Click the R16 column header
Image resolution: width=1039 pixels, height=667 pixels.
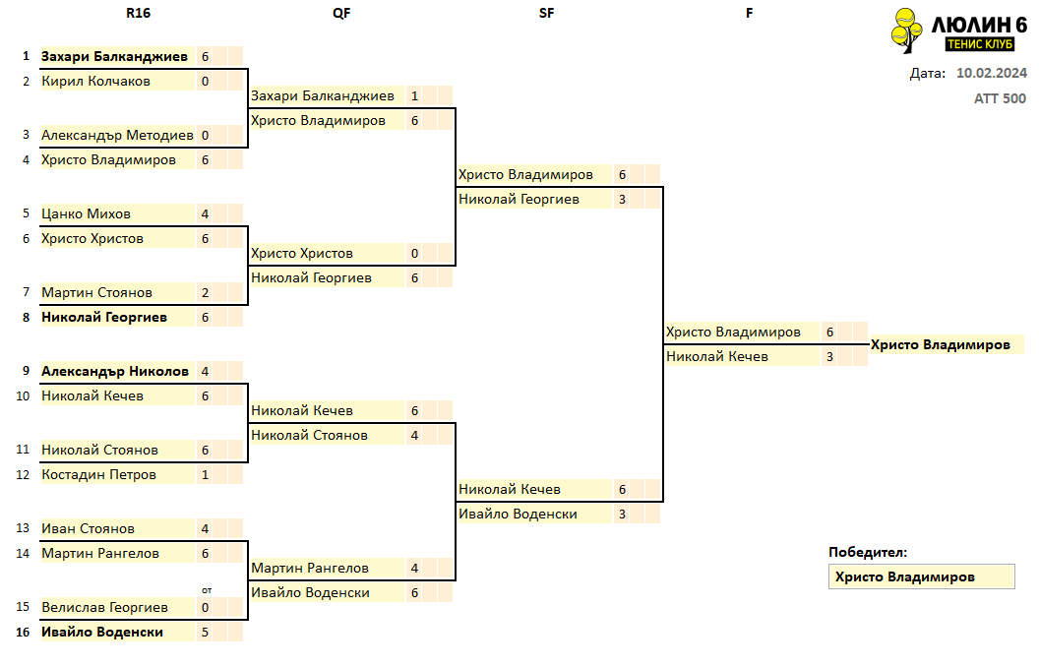138,13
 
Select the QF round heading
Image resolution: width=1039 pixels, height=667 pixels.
341,13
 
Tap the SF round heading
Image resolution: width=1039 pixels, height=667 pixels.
546,13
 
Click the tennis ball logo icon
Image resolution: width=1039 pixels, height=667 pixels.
906,30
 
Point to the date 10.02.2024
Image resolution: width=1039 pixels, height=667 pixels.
992,73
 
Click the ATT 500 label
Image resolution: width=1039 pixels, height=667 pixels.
1000,98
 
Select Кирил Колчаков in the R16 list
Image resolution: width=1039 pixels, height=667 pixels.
96,82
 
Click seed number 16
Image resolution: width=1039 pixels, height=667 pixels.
24,632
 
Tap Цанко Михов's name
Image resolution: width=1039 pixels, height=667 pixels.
87,213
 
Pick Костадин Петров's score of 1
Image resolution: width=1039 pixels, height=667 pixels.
205,475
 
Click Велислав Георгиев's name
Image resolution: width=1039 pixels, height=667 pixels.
104,607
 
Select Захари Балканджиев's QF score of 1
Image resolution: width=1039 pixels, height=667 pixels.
415,96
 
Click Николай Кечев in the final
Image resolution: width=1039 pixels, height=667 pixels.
717,357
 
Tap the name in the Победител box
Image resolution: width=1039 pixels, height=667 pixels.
904,576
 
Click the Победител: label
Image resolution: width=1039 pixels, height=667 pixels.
868,553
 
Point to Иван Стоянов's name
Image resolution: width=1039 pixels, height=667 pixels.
89,528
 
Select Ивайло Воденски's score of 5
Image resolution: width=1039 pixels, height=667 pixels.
205,633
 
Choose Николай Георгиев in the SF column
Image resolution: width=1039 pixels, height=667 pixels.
519,200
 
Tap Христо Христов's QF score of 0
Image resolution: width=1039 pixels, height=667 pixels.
415,254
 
